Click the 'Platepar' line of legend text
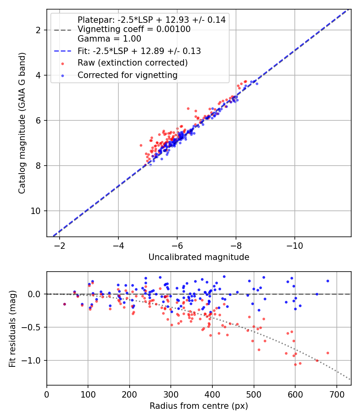(152, 20)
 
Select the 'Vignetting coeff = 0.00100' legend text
(134, 29)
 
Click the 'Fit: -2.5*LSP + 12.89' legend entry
(139, 51)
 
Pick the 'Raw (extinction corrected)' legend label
(133, 63)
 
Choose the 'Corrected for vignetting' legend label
(128, 75)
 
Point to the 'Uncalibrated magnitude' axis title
(199, 257)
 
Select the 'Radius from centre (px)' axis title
(199, 406)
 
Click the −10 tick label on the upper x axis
(295, 245)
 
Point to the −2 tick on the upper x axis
(60, 245)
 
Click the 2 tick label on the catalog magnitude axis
(39, 30)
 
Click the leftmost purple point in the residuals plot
(64, 304)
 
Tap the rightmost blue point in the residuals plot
(328, 281)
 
